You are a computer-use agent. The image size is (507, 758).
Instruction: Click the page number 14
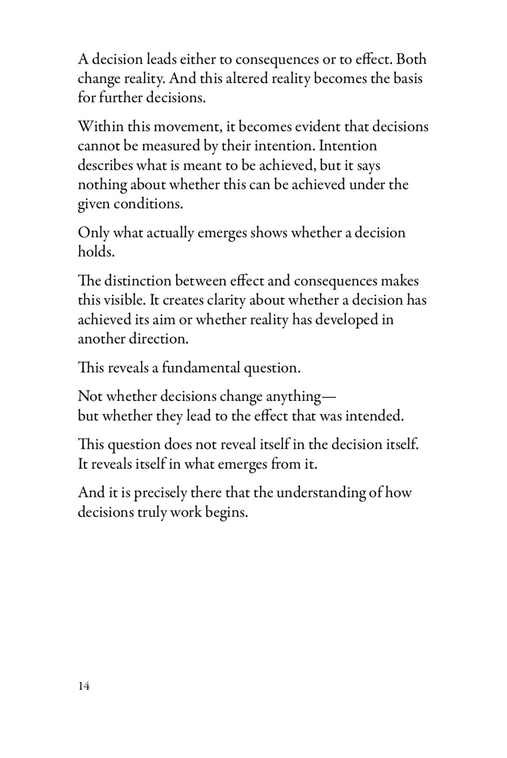coord(84,686)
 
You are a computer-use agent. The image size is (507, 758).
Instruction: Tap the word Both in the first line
coord(411,59)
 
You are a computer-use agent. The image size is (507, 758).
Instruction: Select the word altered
coord(247,79)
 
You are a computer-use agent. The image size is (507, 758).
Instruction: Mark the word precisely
coord(161,493)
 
